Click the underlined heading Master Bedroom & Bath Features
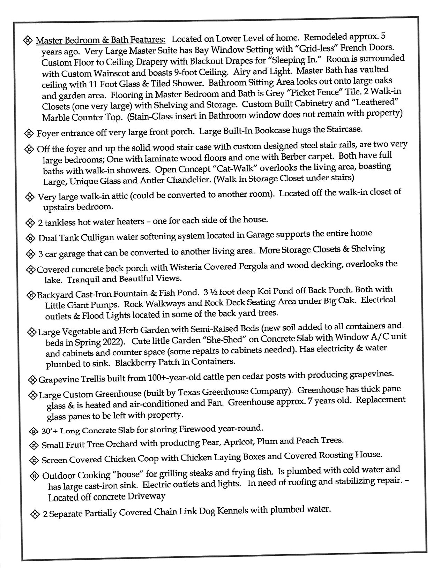coord(100,40)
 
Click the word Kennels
coord(232,511)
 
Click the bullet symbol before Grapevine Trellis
coord(32,379)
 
